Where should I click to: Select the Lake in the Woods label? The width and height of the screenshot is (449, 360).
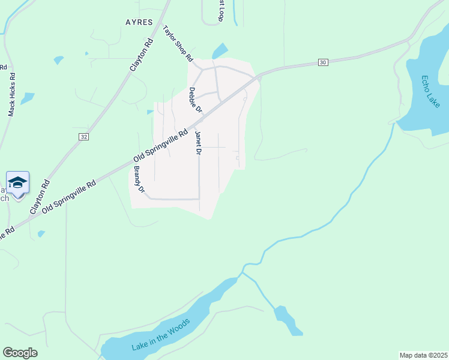[x=161, y=335]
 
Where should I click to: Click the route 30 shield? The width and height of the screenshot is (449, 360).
[x=323, y=62]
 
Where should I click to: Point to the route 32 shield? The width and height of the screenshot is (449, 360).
[x=83, y=137]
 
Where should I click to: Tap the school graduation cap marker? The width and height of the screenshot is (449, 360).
[x=18, y=182]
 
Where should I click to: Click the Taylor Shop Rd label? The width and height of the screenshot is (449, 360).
[x=178, y=44]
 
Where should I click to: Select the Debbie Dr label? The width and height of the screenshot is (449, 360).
[x=196, y=101]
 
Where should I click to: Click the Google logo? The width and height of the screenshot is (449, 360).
[x=20, y=353]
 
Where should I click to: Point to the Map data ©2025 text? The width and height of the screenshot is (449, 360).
[x=423, y=355]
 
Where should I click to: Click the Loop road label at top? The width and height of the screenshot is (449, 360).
[x=220, y=11]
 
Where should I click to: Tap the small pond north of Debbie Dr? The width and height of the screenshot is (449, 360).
[x=220, y=51]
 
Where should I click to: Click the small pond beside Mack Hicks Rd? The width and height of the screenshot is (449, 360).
[x=27, y=98]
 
